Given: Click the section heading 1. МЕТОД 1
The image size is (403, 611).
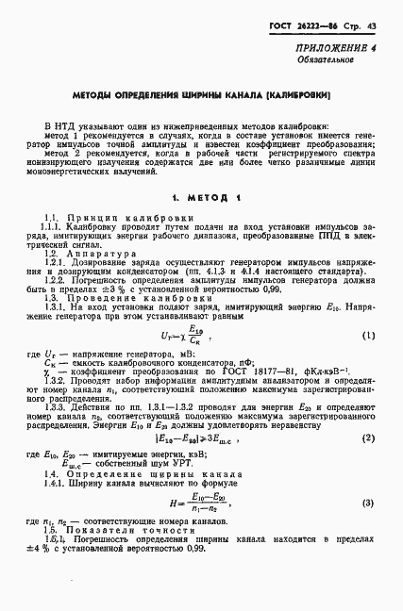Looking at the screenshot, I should pyautogui.click(x=201, y=198).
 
